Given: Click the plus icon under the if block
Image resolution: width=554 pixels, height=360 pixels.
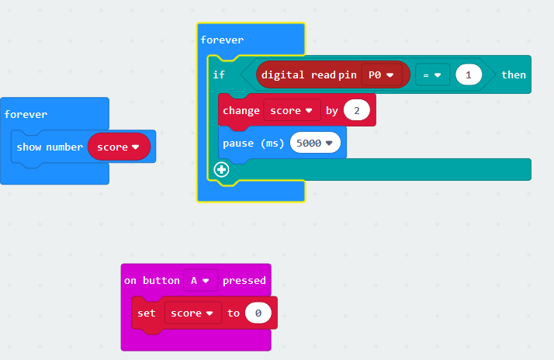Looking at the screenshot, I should coord(221,169).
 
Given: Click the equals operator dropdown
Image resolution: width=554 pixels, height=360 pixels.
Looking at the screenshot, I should coord(432,75).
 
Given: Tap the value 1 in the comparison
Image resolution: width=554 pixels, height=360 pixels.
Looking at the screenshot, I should coord(469,75).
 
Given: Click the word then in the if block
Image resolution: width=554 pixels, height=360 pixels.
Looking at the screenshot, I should coord(514,75).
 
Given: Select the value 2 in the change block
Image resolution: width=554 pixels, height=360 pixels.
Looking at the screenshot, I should coord(356,111).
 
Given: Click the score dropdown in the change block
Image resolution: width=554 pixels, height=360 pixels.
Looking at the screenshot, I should coord(292,111).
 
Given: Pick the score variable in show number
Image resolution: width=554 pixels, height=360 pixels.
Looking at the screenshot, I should coord(119,147).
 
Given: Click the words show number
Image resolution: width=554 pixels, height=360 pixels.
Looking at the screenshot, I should coord(50,147).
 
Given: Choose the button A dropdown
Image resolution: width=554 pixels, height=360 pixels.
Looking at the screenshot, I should coord(200,281).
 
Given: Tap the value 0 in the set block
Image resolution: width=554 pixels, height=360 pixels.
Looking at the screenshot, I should coord(258,313).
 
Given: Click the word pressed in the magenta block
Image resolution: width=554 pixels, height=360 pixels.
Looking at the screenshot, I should coord(244,281).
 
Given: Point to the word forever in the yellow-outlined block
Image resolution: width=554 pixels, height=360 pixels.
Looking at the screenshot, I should coord(222,40).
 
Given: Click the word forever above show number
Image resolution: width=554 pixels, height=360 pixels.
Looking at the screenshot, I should coord(26,114).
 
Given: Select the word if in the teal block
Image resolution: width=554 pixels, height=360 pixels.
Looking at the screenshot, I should coord(219,75).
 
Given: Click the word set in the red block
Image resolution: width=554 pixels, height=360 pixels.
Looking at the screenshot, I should coord(147,313).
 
